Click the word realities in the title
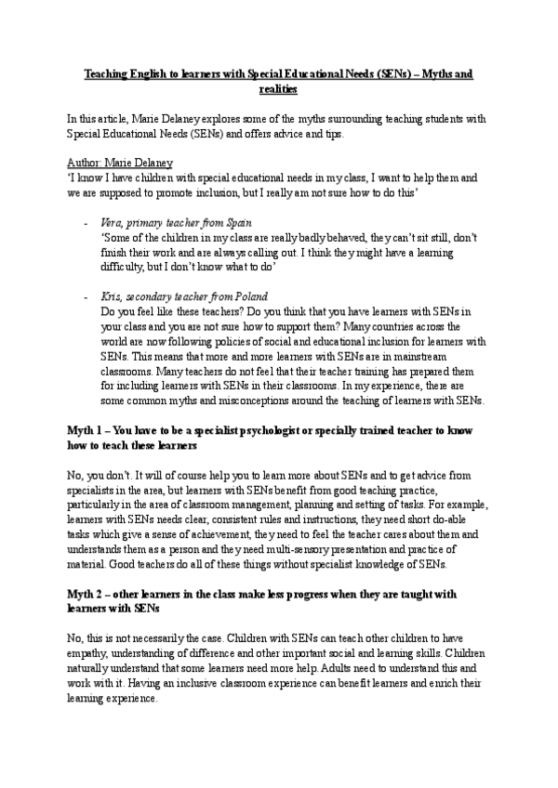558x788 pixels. tap(278, 89)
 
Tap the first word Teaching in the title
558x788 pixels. tap(104, 72)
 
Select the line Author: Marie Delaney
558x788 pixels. tap(121, 162)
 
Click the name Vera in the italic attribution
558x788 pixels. tap(112, 223)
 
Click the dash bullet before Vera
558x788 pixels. tap(86, 223)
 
